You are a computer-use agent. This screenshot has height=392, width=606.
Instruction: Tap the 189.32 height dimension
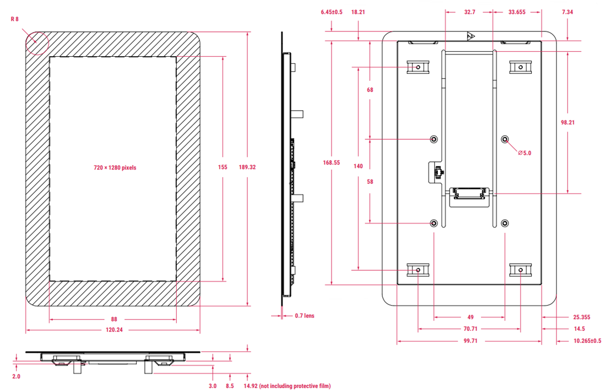click(247, 167)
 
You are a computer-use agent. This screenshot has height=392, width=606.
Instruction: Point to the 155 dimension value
click(223, 167)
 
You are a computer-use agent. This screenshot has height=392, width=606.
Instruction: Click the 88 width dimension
click(113, 319)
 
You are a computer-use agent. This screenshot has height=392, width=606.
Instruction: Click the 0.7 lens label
click(305, 315)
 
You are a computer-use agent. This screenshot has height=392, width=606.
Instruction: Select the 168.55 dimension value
click(332, 162)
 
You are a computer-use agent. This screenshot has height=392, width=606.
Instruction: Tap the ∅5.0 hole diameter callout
click(524, 153)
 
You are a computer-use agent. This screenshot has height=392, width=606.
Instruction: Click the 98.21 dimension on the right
click(567, 122)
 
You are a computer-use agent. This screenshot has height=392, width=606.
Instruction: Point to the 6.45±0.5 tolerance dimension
click(332, 12)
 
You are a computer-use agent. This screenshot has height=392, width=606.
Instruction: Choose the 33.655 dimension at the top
click(516, 12)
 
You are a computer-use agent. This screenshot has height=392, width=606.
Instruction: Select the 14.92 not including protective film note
click(287, 386)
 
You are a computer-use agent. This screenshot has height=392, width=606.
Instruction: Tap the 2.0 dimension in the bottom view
click(16, 377)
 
